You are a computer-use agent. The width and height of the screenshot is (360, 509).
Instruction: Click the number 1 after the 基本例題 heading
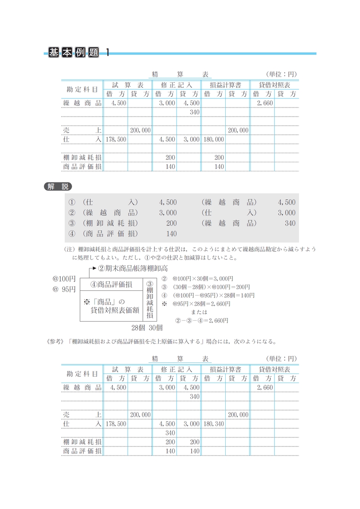tap(108, 53)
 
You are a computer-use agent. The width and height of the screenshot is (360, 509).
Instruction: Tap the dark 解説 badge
tap(57, 187)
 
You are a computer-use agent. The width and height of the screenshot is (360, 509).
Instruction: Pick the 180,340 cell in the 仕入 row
tap(214, 424)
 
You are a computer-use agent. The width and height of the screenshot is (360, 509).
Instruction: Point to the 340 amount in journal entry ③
tap(290, 223)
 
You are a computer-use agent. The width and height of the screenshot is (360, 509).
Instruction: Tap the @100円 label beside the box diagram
tap(64, 279)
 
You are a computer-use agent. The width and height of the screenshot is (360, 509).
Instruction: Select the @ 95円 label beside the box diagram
tap(64, 289)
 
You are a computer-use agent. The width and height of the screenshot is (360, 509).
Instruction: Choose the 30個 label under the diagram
tap(156, 328)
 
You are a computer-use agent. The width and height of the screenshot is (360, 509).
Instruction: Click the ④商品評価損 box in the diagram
tap(111, 285)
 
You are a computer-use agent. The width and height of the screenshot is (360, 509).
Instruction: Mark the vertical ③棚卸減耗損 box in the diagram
tap(150, 300)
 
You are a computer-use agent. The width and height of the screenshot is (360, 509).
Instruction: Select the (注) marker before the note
tap(69, 250)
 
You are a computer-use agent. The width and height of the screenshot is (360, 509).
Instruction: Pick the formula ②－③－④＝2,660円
tap(201, 320)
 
